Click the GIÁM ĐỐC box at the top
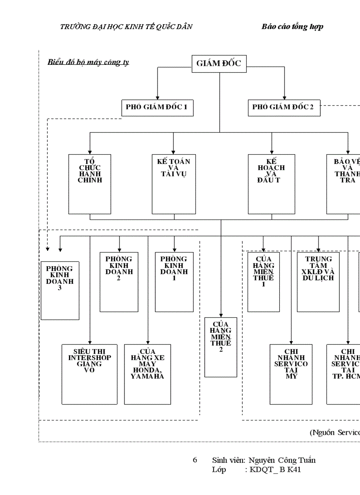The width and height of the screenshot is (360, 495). coord(219,63)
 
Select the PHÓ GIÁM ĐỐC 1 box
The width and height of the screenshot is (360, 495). coord(157,108)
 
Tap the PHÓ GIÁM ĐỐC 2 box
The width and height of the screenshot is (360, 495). coord(284,108)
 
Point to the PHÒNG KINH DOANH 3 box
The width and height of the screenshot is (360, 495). coord(60,290)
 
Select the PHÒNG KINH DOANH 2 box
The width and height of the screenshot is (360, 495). coord(119,282)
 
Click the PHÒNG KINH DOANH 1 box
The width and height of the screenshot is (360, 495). coord(174,282)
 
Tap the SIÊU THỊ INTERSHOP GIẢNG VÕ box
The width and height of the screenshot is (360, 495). coord(90,374)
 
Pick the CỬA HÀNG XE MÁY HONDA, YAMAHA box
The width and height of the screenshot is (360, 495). coord(147,374)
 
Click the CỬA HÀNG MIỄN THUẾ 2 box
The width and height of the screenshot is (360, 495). coord(221,347)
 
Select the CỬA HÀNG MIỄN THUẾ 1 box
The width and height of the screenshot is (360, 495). coord(263,282)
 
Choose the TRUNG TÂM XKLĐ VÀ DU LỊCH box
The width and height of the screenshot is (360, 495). coord(318,282)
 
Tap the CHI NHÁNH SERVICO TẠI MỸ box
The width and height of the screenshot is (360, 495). coord(291,374)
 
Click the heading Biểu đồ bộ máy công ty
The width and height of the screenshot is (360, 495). coord(88,62)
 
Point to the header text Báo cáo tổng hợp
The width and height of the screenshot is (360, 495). coord(292,27)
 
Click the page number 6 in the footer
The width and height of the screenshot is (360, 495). coord(195,460)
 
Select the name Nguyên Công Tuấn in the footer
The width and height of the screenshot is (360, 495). coord(282,461)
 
